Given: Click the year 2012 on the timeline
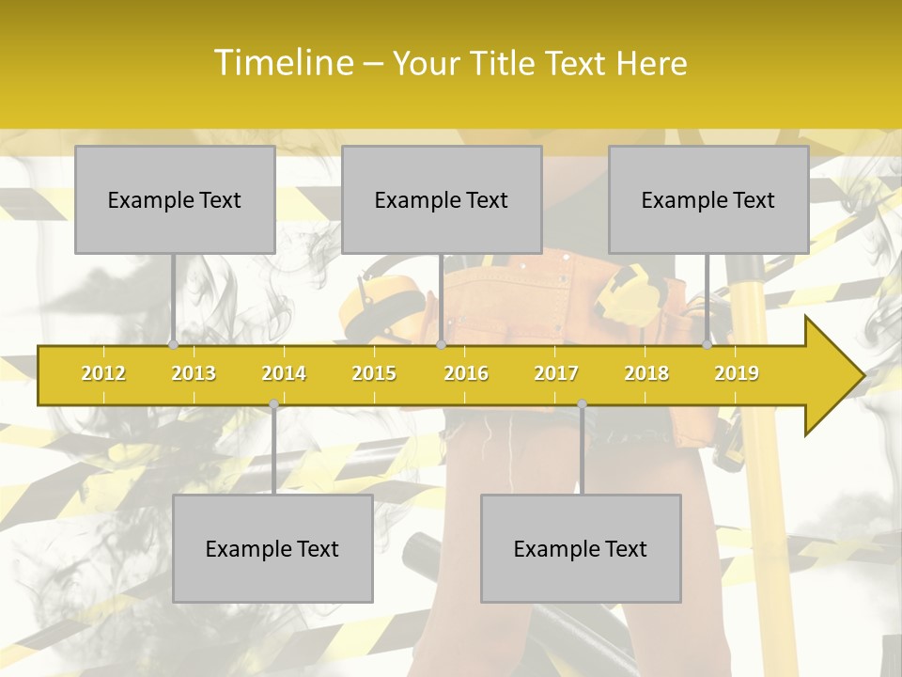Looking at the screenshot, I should [x=103, y=373].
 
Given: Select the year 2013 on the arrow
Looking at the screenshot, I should [x=194, y=373].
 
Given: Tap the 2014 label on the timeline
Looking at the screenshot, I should [x=284, y=373].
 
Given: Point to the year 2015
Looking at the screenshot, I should [x=374, y=373].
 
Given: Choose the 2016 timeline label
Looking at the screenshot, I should [x=466, y=373].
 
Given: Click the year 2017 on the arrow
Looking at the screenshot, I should [x=556, y=373].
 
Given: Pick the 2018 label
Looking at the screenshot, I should [x=646, y=373].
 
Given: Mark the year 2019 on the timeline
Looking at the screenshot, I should [x=737, y=373].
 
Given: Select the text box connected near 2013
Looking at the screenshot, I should [x=175, y=199].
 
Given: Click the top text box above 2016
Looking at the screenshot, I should [x=442, y=199].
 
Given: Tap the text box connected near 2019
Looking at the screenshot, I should [x=708, y=199].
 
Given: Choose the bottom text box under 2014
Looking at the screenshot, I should [x=272, y=548].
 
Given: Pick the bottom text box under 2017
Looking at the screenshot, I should [x=581, y=548].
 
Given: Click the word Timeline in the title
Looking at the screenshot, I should [x=284, y=63].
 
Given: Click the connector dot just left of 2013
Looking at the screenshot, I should [x=174, y=345].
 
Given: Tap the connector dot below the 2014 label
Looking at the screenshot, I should [x=273, y=403].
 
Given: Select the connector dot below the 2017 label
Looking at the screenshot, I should [x=582, y=403].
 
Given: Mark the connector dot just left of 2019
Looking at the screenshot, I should [x=707, y=345].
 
